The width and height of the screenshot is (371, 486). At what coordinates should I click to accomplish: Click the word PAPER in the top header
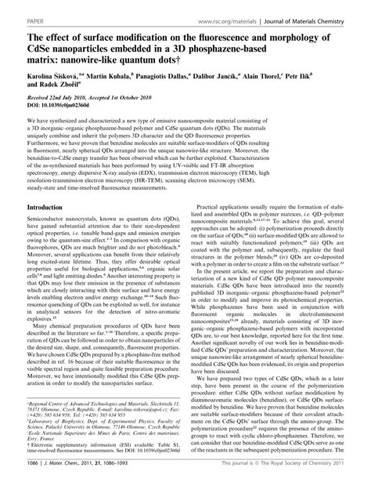point(15,10)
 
